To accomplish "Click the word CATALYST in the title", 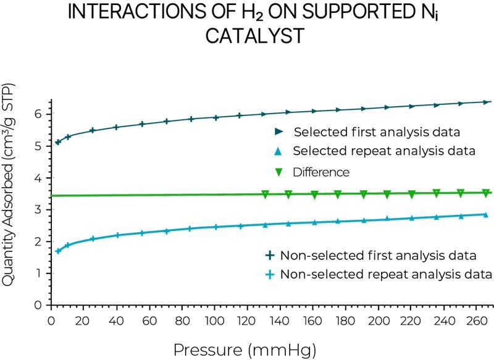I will (x=254, y=35).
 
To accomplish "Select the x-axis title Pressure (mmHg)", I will (x=245, y=350).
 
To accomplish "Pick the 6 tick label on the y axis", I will (x=38, y=114).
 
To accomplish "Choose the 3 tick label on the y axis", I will (x=38, y=210).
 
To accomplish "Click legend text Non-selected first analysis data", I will (x=379, y=256).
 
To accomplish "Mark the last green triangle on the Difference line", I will (x=485, y=193).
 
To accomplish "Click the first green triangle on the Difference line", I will (x=266, y=195).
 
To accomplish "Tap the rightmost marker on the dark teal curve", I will (x=485, y=102).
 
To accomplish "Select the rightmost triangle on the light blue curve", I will (x=485, y=215).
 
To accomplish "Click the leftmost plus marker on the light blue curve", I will (x=58, y=251).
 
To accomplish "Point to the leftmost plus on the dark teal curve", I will (x=58, y=142).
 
